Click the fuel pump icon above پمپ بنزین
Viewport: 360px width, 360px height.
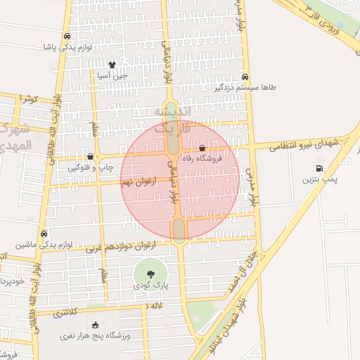320,169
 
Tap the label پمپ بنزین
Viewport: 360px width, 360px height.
320,181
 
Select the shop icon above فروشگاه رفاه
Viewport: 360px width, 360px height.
202,148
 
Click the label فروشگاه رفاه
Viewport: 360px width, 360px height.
202,159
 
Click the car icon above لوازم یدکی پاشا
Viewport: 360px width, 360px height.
66,37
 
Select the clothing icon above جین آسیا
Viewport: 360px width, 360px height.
112,64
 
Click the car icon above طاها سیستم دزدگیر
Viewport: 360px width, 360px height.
244,77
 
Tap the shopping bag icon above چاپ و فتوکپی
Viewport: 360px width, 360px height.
90,156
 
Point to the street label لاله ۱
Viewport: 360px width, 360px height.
154,307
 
